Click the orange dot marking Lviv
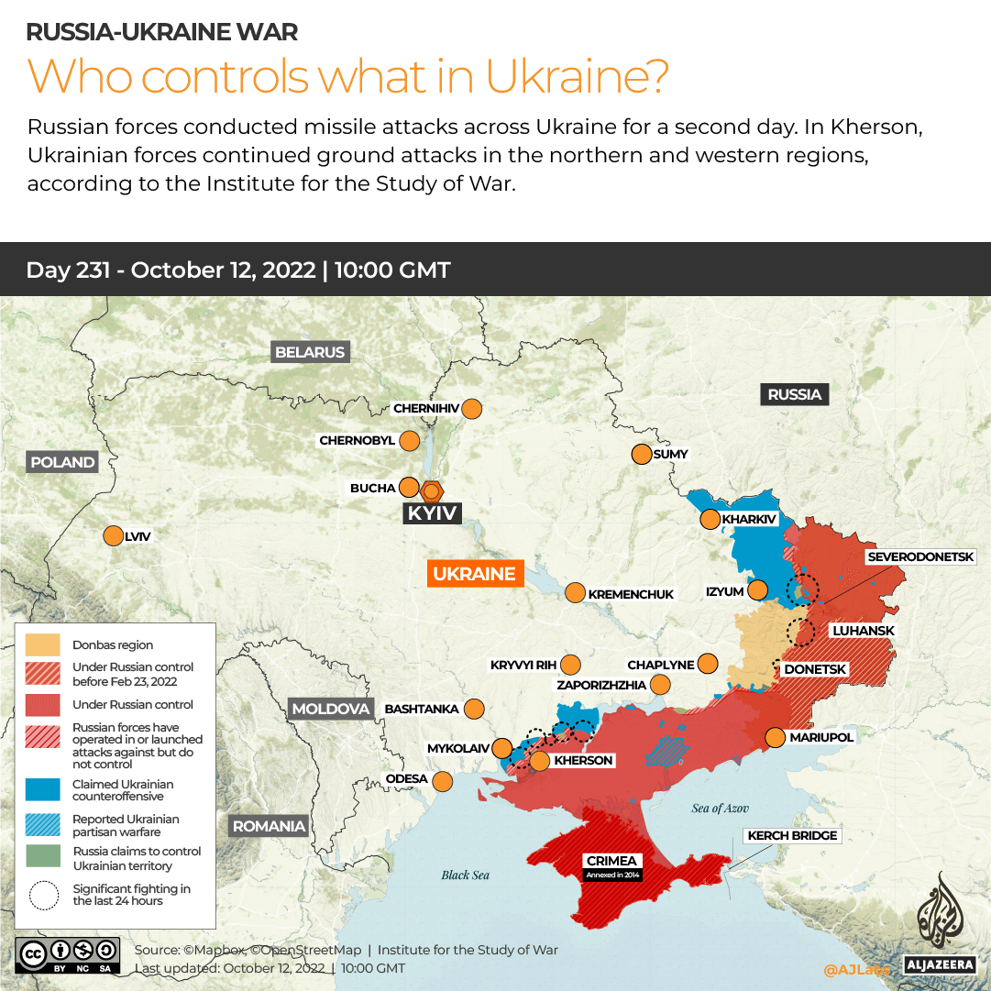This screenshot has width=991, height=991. tap(113, 536)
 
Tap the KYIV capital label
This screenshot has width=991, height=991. tap(432, 513)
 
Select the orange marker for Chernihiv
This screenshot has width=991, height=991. tap(472, 409)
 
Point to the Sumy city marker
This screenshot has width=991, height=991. tap(640, 454)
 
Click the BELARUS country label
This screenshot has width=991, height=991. tap(310, 352)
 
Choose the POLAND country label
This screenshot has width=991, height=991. tap(62, 462)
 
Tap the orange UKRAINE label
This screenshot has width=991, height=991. tap(474, 574)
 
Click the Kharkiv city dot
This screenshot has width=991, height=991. tap(710, 520)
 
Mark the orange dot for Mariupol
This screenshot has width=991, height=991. tap(775, 737)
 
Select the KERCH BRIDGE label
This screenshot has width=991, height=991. tap(793, 835)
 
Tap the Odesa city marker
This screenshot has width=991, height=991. tap(442, 781)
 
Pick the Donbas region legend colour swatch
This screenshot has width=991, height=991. tap(43, 644)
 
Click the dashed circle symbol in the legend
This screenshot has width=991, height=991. tap(43, 895)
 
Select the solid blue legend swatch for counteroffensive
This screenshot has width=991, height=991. tap(43, 790)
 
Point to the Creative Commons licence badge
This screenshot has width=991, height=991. tap(67, 954)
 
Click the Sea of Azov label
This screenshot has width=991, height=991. tap(720, 808)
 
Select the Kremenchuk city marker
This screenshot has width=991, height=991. tap(574, 593)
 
